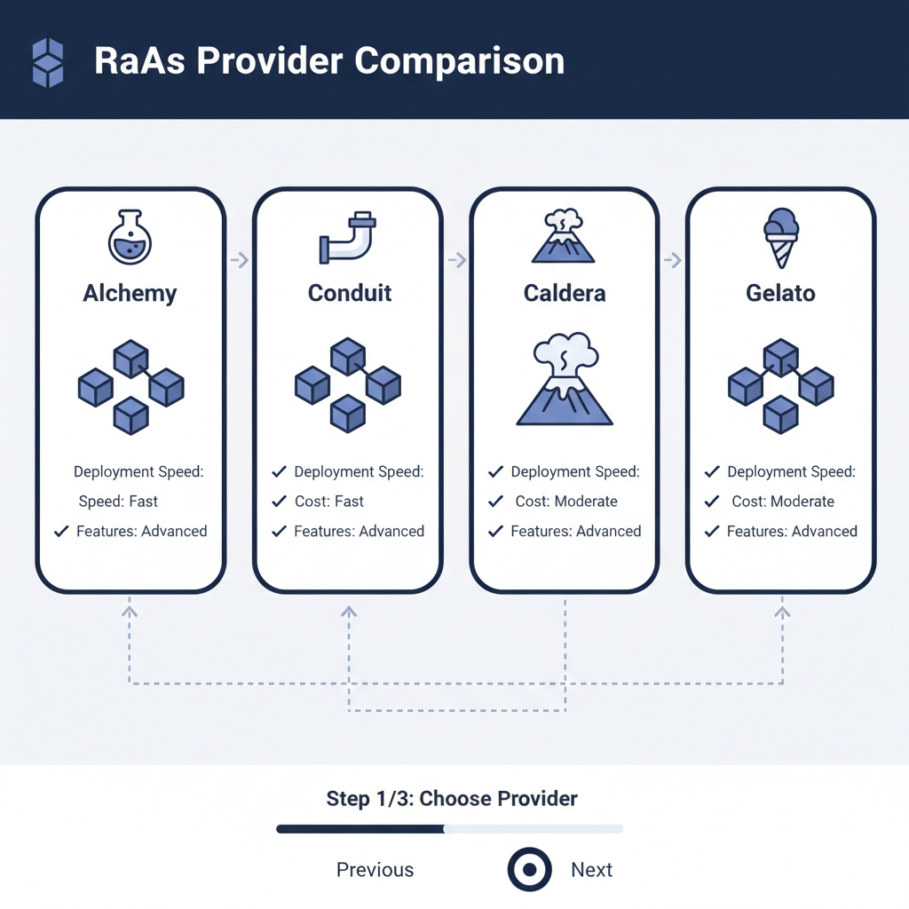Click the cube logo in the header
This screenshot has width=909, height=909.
coord(48,62)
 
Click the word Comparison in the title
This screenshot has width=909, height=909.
coord(459,61)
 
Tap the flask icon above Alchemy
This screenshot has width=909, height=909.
coord(130,237)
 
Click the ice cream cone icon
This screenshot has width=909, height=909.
coord(780,237)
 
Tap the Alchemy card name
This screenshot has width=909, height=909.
coord(130,293)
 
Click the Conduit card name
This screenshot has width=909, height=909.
coord(350,293)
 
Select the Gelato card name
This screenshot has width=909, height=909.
coord(781,293)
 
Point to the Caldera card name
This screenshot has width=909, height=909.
coord(565,293)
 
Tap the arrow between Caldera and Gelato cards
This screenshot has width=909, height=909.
coord(673,260)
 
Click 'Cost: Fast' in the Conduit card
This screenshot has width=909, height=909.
coord(329,502)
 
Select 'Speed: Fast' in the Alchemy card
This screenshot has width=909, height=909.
coord(118,502)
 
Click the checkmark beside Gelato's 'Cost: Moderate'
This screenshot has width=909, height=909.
coord(712,502)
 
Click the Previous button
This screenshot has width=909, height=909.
coord(375,870)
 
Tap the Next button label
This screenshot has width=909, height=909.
coord(591,870)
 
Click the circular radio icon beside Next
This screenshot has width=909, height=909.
coord(530,870)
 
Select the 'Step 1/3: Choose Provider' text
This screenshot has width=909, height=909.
coord(452,798)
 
